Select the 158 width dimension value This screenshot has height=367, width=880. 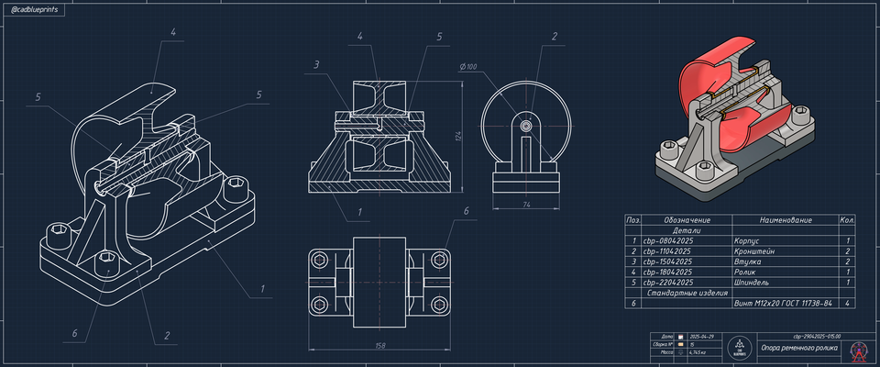pos(379,346)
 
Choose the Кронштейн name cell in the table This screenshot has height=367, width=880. pos(752,250)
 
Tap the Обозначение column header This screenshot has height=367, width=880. pos(687,220)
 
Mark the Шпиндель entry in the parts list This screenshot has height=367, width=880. pos(751,282)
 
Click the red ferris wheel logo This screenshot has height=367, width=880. pos(859,350)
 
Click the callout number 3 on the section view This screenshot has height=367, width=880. pos(315,65)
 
